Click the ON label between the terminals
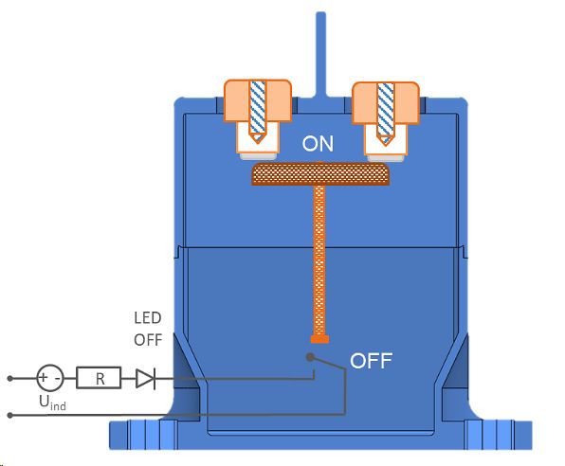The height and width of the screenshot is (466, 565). pyautogui.click(x=319, y=145)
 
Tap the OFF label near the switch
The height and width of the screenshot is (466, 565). pyautogui.click(x=372, y=361)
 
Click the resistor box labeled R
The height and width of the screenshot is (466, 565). pyautogui.click(x=98, y=379)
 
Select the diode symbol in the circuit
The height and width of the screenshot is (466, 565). pyautogui.click(x=145, y=379)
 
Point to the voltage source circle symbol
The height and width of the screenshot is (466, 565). pyautogui.click(x=48, y=379)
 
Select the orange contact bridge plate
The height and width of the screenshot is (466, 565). pyautogui.click(x=319, y=174)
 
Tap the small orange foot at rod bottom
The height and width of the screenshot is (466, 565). pyautogui.click(x=319, y=337)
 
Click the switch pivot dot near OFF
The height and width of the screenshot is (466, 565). pyautogui.click(x=310, y=357)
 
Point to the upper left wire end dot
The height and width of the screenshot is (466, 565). pyautogui.click(x=10, y=379)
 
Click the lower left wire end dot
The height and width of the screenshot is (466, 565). pyautogui.click(x=10, y=414)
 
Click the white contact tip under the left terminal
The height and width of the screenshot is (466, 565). pyautogui.click(x=257, y=142)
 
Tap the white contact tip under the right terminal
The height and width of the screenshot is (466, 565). pyautogui.click(x=385, y=142)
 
